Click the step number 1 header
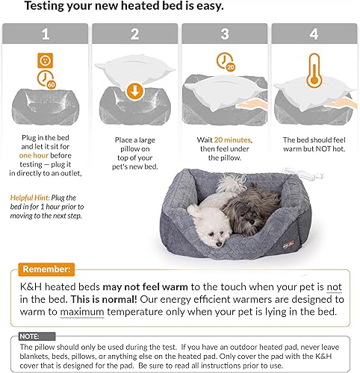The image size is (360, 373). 45,34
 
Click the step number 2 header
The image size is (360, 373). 134,34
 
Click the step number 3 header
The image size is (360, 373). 224,34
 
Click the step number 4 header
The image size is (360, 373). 314,34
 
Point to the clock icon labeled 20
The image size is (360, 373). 224,62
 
